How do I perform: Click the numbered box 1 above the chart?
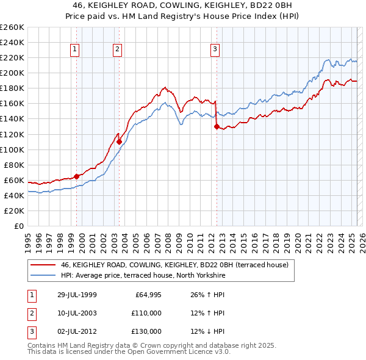tap(74, 50)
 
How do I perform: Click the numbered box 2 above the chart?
tap(117, 50)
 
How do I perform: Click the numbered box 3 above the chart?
tap(215, 50)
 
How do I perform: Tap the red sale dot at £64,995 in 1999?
tap(77, 176)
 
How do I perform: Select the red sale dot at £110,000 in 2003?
tap(119, 142)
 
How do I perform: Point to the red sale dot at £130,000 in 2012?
tap(217, 126)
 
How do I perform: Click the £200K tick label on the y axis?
tap(12, 73)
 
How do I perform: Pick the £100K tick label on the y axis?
tap(12, 149)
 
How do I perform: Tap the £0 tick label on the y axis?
tap(18, 226)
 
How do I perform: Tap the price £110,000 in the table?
tap(146, 313)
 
